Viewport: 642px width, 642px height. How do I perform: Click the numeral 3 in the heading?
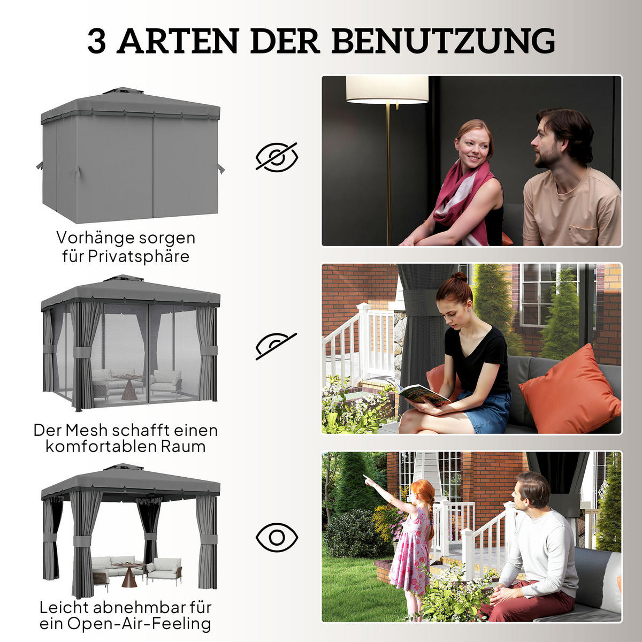pyautogui.click(x=97, y=41)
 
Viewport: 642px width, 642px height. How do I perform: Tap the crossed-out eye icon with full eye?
pyautogui.click(x=277, y=157)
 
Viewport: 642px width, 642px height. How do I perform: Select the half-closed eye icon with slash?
pyautogui.click(x=276, y=345)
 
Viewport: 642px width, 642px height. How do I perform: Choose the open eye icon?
pyautogui.click(x=277, y=537)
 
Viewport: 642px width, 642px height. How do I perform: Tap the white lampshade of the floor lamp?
pyautogui.click(x=387, y=89)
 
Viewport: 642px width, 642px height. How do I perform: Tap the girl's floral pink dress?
pyautogui.click(x=411, y=551)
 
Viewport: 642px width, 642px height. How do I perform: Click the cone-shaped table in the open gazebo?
pyautogui.click(x=129, y=577)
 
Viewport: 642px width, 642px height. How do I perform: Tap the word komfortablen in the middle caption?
pyautogui.click(x=102, y=447)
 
